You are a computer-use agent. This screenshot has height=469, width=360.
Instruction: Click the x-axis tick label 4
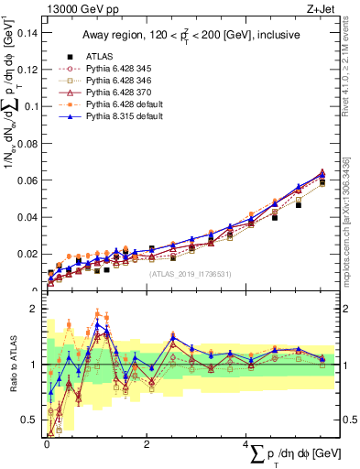click(246, 445)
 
